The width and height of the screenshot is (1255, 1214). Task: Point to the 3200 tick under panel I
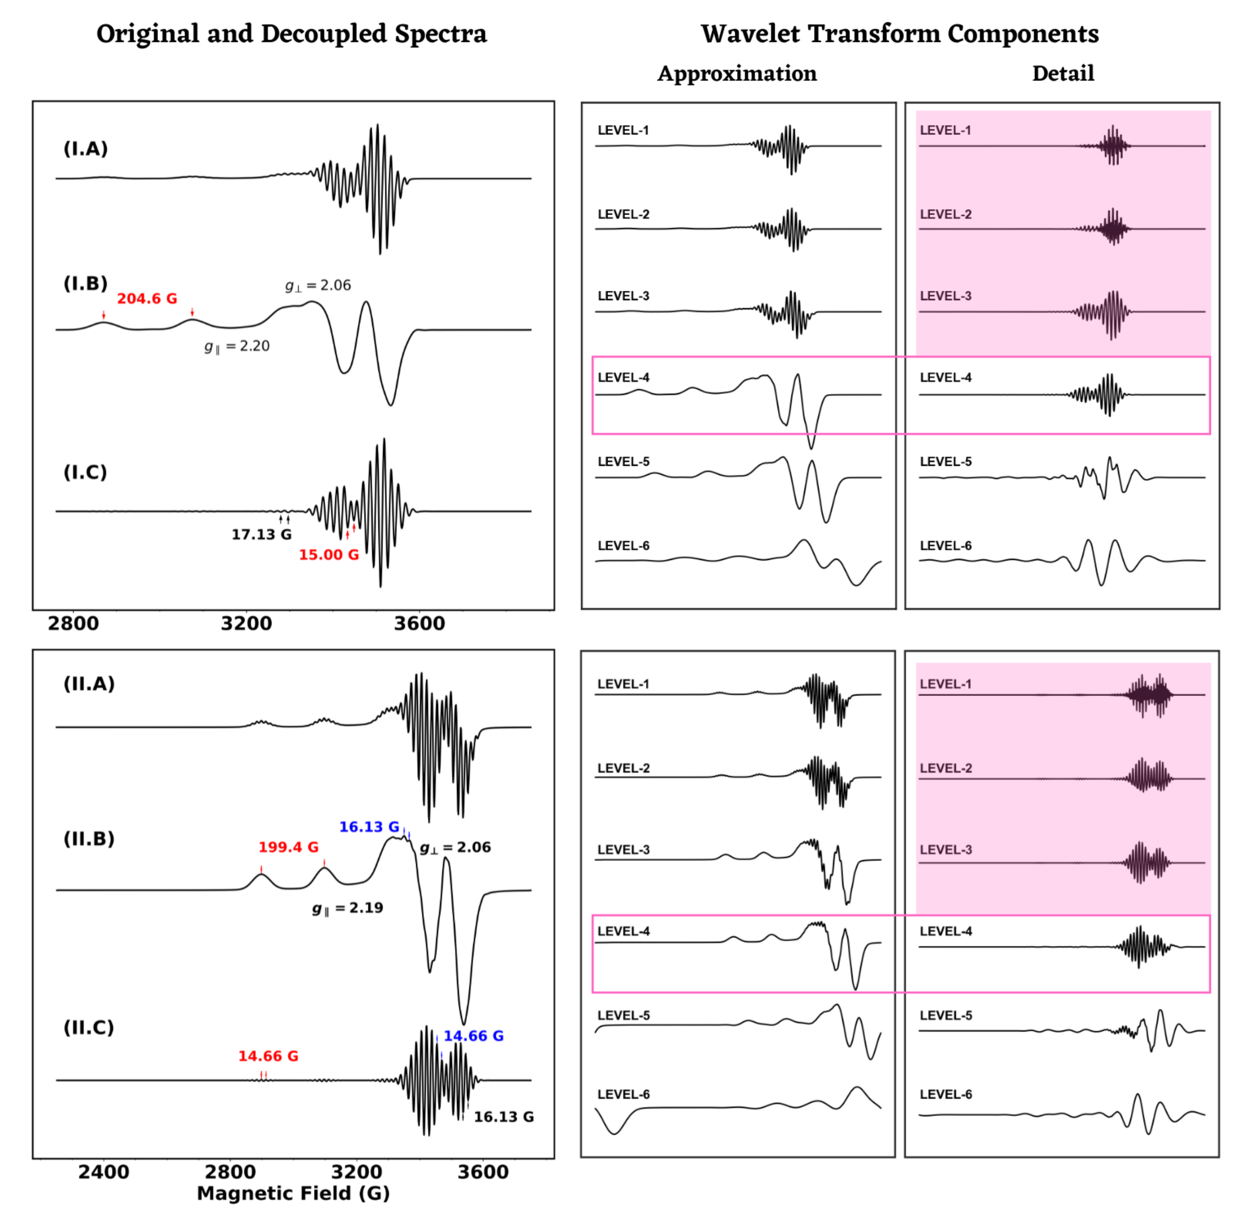(x=247, y=623)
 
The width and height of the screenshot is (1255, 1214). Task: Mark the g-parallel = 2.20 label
(x=237, y=346)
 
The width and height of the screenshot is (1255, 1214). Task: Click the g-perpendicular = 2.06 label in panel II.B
(x=455, y=848)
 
